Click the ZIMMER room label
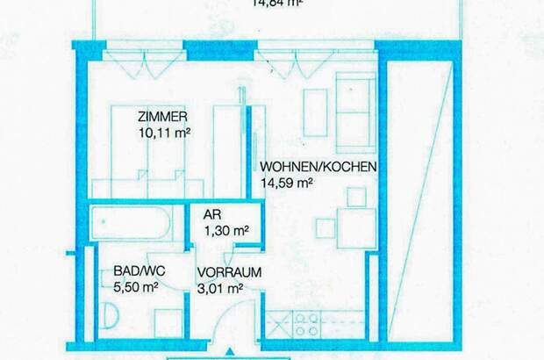[163, 118]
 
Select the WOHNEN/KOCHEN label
[319, 167]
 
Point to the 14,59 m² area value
[287, 183]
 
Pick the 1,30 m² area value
[226, 231]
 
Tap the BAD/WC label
[135, 271]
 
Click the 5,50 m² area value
[136, 286]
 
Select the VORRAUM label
[228, 272]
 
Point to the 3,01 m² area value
[220, 287]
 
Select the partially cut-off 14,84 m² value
[277, 3]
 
